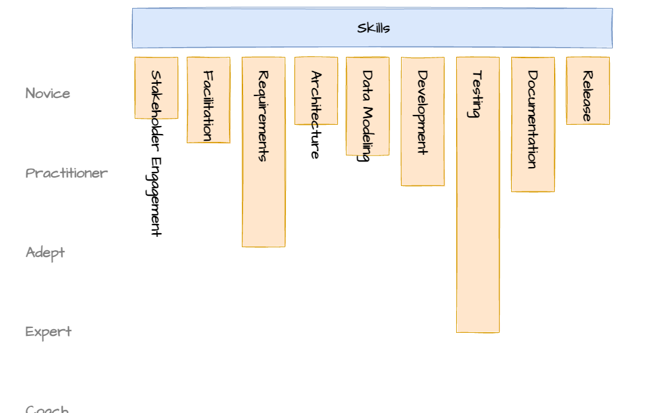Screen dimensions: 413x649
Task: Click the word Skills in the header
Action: pos(373,28)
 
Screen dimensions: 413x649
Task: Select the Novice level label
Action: pos(48,94)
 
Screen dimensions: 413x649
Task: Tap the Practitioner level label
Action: pos(67,173)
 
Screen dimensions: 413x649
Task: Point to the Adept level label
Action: pos(45,253)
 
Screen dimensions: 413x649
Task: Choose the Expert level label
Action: pos(48,332)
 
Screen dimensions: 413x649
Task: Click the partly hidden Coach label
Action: pos(47,409)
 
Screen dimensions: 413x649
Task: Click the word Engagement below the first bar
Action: pos(156,196)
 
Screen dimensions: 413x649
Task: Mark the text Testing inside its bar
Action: pos(477,94)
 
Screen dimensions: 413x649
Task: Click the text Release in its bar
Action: pos(587,96)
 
